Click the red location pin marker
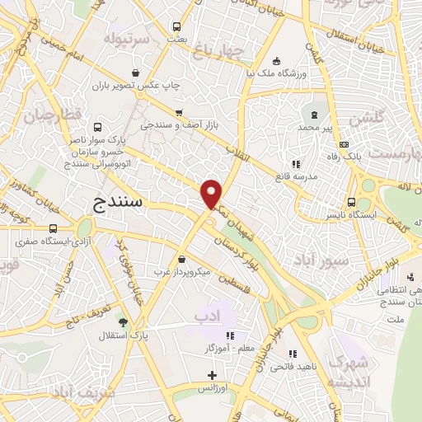[x=213, y=194]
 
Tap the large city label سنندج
[x=116, y=201]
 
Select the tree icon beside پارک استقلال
[x=123, y=322]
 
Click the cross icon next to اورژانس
[x=212, y=376]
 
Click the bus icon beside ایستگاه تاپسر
[x=352, y=202]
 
